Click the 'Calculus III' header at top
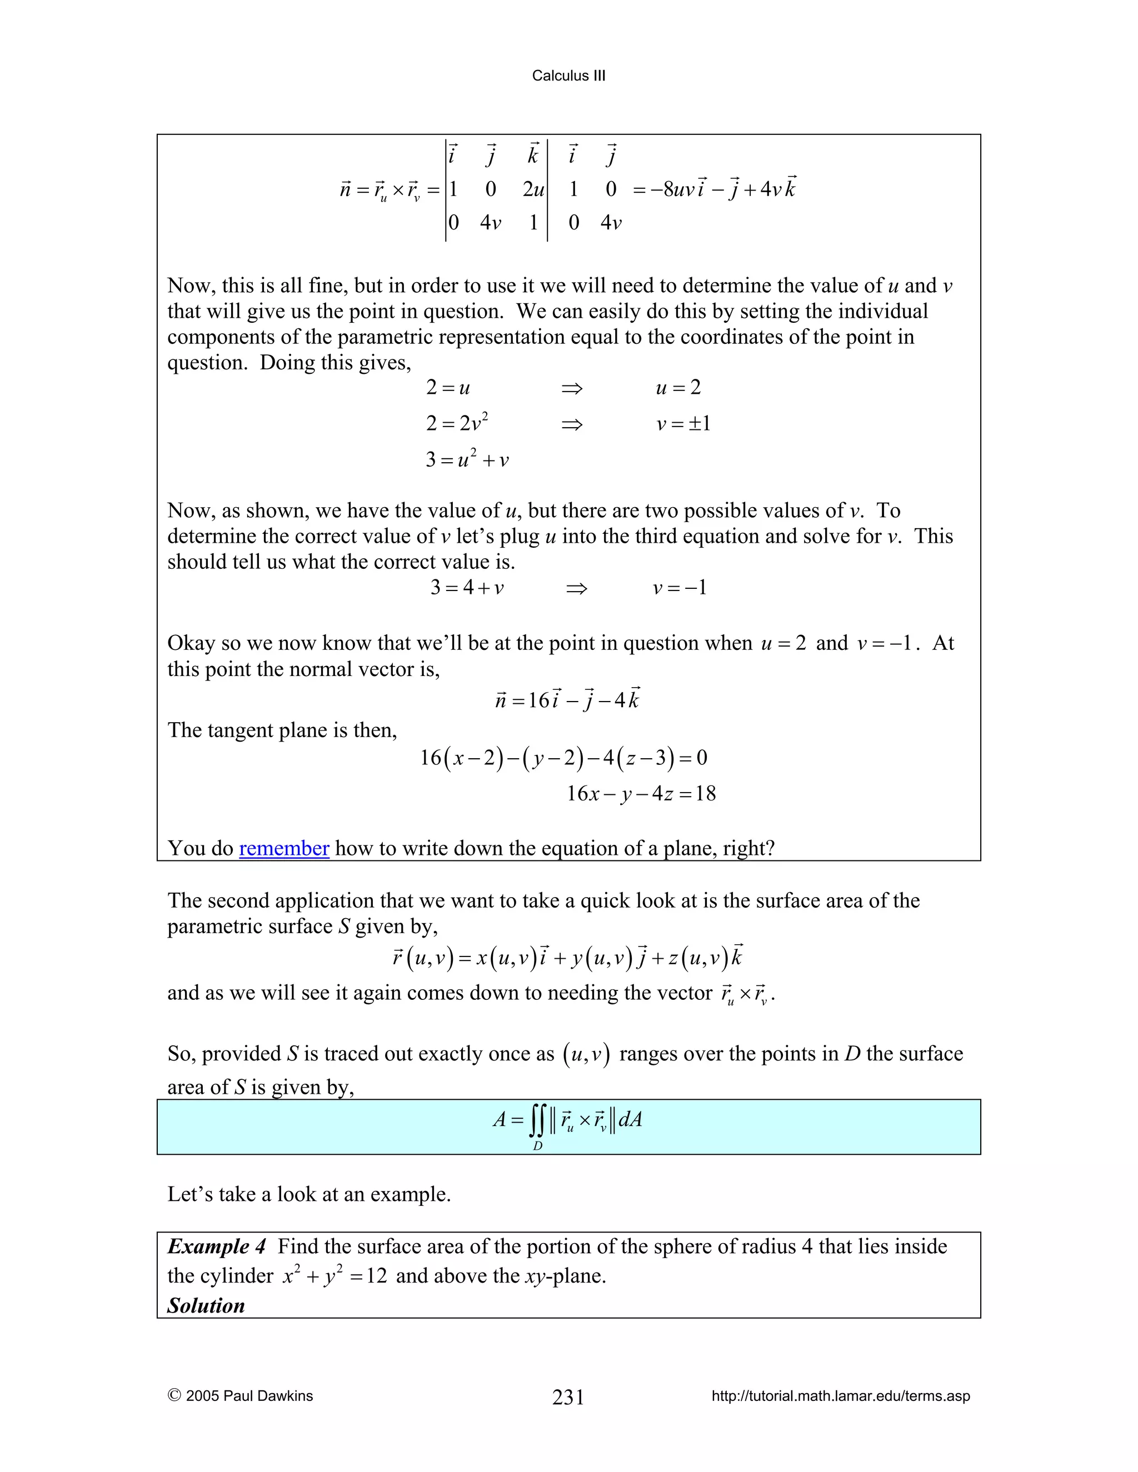568,76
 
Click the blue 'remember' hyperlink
284,848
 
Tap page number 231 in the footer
568,1397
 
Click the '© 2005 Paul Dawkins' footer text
240,1396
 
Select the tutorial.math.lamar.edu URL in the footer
841,1396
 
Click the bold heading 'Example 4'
216,1246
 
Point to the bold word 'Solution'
206,1305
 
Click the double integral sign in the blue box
537,1120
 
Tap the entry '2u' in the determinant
532,189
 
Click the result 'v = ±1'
683,424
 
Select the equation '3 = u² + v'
467,460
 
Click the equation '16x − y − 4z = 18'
641,793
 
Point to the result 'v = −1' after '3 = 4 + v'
680,588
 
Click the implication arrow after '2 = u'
572,388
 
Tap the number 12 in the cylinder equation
376,1276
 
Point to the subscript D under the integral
537,1146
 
